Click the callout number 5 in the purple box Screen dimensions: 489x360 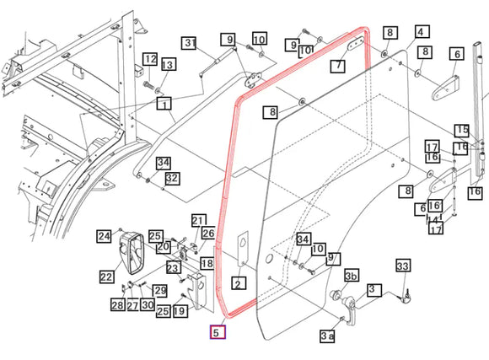218,332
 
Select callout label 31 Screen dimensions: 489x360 190,43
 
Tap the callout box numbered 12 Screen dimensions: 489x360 150,59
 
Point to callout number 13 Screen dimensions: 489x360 168,64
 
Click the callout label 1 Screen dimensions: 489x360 164,104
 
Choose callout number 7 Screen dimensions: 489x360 338,66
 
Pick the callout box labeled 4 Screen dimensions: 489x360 422,32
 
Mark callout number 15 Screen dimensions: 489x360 462,131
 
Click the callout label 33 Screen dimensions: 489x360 403,266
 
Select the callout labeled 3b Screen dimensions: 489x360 352,276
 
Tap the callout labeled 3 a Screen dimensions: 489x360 327,336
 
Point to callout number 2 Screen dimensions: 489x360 239,283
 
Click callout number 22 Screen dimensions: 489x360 107,277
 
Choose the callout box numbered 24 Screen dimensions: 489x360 104,236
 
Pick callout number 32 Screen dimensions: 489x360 172,178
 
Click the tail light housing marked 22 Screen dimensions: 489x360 132,253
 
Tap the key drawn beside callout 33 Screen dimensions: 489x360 406,297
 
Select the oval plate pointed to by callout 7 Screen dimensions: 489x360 356,43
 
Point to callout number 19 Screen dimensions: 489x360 180,311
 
